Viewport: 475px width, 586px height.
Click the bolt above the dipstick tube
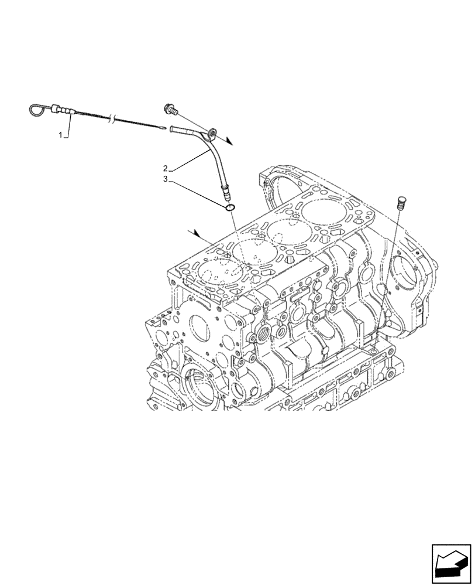[170, 108]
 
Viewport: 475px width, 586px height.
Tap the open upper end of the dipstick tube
[172, 129]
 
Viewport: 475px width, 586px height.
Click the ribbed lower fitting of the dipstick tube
[225, 190]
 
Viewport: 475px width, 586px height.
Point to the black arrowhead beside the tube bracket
[230, 141]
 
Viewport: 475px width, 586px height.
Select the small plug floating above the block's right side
[401, 202]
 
